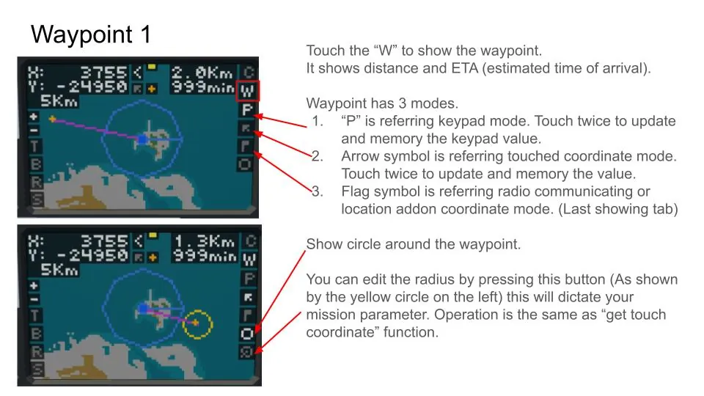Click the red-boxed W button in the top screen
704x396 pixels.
tap(247, 91)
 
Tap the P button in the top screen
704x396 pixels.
tap(247, 110)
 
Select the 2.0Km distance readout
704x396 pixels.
tap(202, 73)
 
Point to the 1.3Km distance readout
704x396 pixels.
tap(205, 241)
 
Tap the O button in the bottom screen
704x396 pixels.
tap(246, 334)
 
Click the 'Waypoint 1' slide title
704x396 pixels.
tap(91, 34)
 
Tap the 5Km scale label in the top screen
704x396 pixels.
tap(59, 101)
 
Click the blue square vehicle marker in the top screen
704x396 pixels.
tap(142, 139)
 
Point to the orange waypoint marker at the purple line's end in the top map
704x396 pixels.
tap(53, 119)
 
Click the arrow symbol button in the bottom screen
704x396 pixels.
tap(248, 297)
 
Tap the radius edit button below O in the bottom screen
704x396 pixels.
tap(246, 351)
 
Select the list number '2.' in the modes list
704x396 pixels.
tap(318, 156)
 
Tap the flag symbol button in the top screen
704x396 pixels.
tap(245, 147)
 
